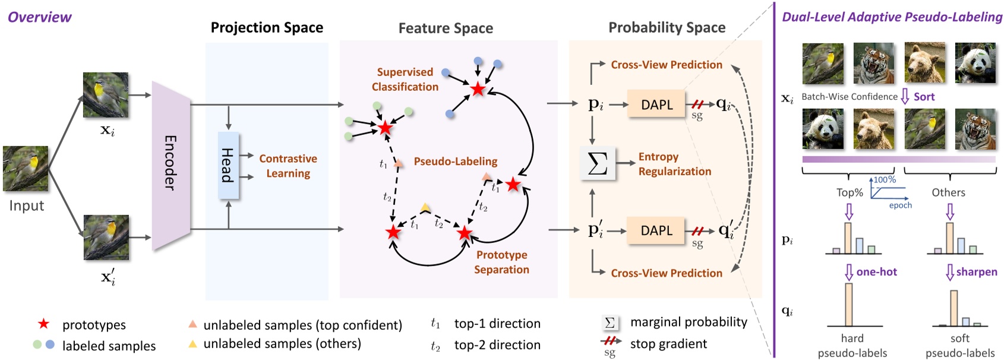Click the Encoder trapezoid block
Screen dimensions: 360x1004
(170, 165)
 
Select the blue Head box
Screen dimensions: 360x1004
(228, 165)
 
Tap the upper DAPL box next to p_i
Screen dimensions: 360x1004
(656, 105)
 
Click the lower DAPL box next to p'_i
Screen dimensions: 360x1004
(656, 230)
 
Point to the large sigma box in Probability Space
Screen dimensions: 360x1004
(597, 163)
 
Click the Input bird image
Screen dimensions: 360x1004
(26, 168)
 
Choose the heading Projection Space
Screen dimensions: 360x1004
(267, 27)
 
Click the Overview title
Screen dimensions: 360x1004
(39, 17)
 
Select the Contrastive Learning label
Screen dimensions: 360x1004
(288, 166)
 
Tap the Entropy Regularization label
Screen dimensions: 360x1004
(674, 164)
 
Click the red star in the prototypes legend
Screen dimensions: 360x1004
(43, 324)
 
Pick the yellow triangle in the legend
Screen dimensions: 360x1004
(192, 344)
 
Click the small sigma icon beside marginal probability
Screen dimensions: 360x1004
(610, 323)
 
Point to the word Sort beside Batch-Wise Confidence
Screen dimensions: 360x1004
(924, 97)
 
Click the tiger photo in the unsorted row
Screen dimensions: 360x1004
(874, 63)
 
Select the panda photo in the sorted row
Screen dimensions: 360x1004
(823, 129)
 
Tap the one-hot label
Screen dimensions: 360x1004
(876, 272)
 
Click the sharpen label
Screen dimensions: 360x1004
(977, 272)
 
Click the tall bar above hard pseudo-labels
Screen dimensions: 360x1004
(848, 304)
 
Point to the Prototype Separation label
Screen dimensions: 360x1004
(501, 262)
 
